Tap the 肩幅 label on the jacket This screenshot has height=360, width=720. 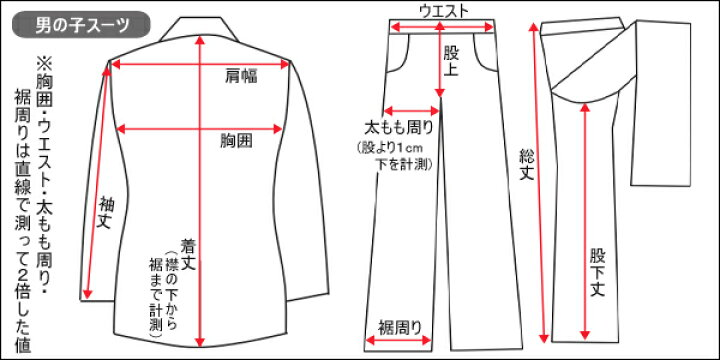click(241, 76)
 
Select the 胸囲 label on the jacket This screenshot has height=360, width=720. click(236, 141)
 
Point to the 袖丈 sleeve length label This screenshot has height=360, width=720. click(107, 213)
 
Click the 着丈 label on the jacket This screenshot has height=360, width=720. click(189, 254)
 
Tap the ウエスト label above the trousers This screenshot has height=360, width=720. click(444, 11)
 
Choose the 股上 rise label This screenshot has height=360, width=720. click(451, 62)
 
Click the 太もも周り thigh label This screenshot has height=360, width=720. click(399, 127)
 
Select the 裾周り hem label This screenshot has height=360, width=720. click(399, 328)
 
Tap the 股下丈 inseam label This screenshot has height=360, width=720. click(598, 273)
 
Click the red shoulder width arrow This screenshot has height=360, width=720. click(200, 64)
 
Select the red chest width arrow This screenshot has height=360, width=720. click(199, 129)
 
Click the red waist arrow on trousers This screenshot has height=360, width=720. click(441, 28)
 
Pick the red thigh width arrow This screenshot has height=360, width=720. click(412, 111)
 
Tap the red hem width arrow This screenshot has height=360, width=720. click(398, 340)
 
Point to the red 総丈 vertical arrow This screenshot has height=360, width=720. click(539, 183)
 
